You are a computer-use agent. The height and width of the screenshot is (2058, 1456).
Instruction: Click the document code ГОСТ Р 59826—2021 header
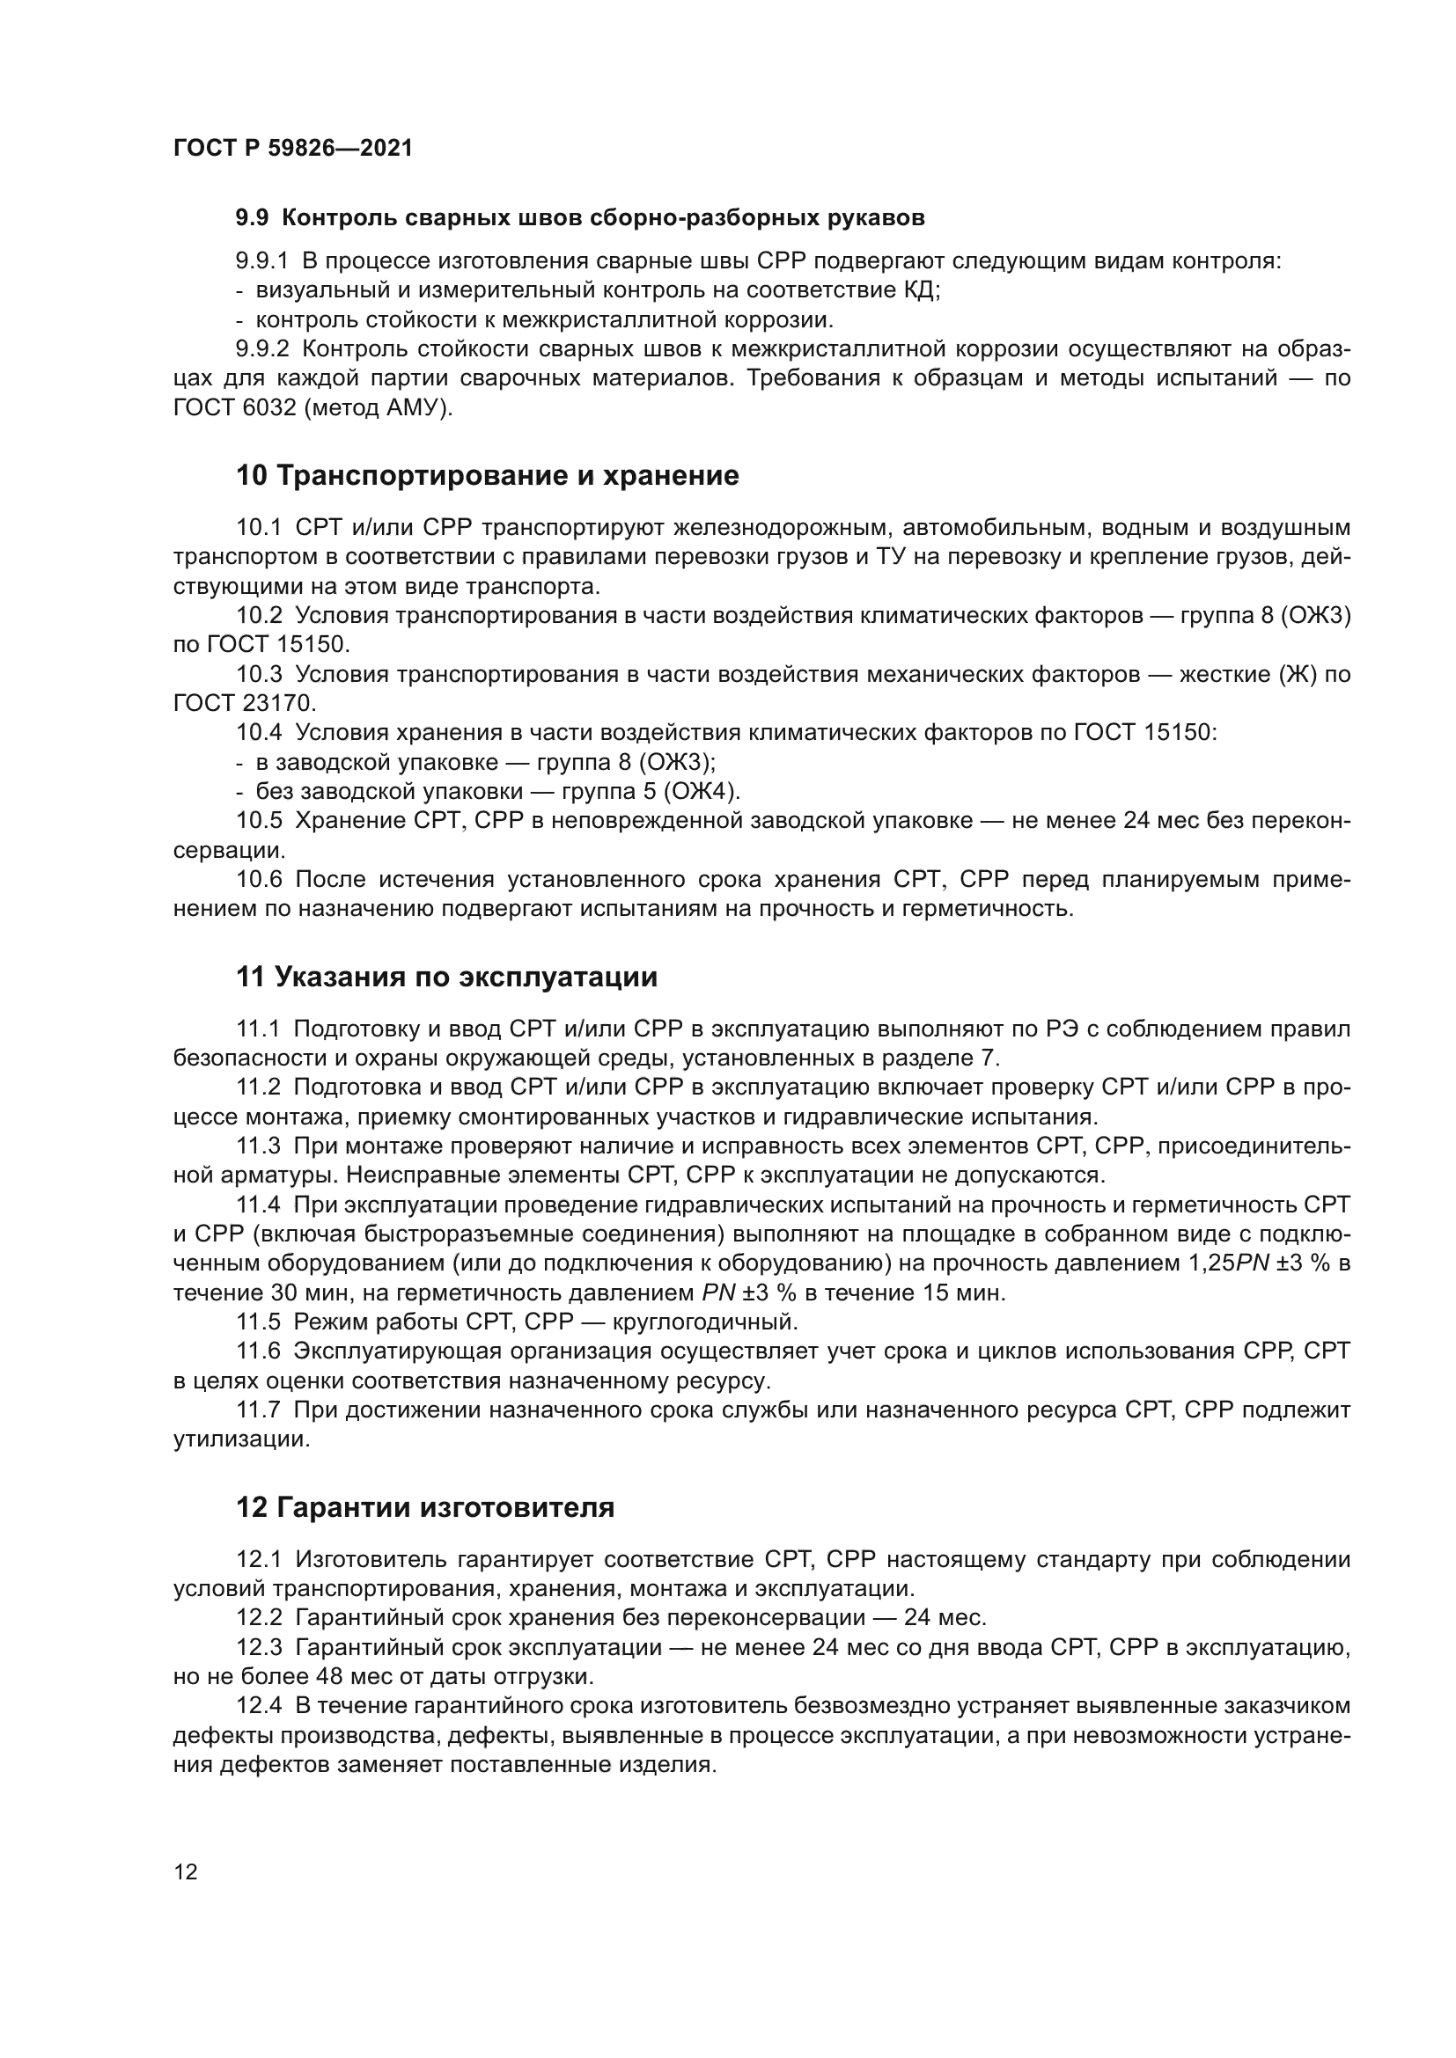[x=293, y=149]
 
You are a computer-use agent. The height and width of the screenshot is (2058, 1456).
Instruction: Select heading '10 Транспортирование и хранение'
[x=487, y=476]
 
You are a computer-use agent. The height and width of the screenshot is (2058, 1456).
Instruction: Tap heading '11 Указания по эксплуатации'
[x=446, y=977]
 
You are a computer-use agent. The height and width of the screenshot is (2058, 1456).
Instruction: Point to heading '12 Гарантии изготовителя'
[x=425, y=1508]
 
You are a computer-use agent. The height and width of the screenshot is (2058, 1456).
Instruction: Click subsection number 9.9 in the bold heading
[x=252, y=218]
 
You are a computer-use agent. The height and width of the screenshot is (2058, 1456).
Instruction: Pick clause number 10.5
[x=259, y=821]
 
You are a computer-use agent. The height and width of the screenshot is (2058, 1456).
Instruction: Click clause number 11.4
[x=259, y=1205]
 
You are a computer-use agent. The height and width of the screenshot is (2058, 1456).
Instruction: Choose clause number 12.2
[x=259, y=1618]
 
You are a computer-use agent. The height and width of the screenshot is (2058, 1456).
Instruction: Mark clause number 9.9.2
[x=262, y=348]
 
